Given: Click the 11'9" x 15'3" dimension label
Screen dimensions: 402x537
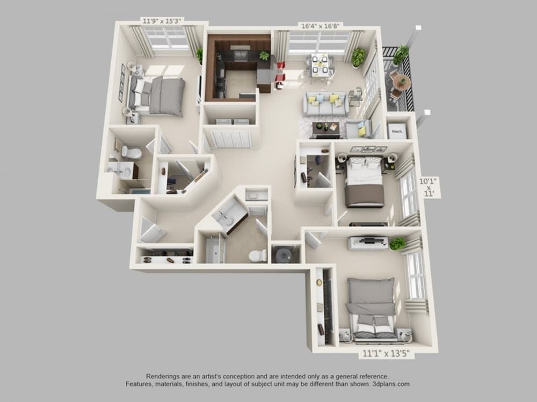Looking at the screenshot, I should click(162, 20).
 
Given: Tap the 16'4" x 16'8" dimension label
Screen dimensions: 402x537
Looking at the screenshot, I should click(320, 25).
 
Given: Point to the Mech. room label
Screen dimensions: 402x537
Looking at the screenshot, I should click(397, 131).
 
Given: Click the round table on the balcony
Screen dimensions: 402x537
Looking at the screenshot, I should click(401, 82).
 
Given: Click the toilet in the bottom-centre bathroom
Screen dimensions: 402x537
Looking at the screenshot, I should click(258, 255).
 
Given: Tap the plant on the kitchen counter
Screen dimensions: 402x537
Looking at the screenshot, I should click(264, 55).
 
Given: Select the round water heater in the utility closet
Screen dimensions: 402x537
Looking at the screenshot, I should click(284, 254).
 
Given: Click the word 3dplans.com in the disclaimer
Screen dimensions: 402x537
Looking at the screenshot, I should click(390, 384).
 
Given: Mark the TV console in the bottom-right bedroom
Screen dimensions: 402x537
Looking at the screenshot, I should click(368, 243).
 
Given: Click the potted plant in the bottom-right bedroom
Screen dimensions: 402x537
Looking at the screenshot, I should click(397, 243).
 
